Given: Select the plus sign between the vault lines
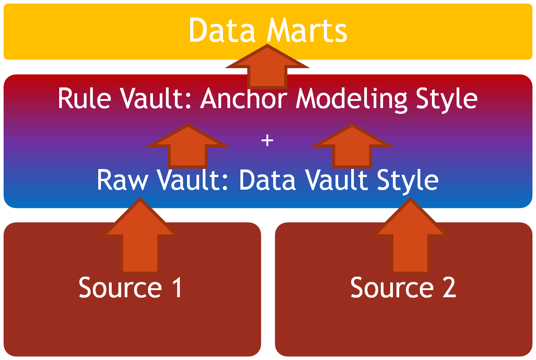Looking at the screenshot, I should (267, 141).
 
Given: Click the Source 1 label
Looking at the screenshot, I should (131, 287).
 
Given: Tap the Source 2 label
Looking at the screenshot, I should (403, 287).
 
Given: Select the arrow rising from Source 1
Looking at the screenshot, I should (139, 238).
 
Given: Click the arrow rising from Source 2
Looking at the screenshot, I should (411, 238).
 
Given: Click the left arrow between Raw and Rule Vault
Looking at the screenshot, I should (187, 148).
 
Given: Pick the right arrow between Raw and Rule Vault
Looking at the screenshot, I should (352, 148).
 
